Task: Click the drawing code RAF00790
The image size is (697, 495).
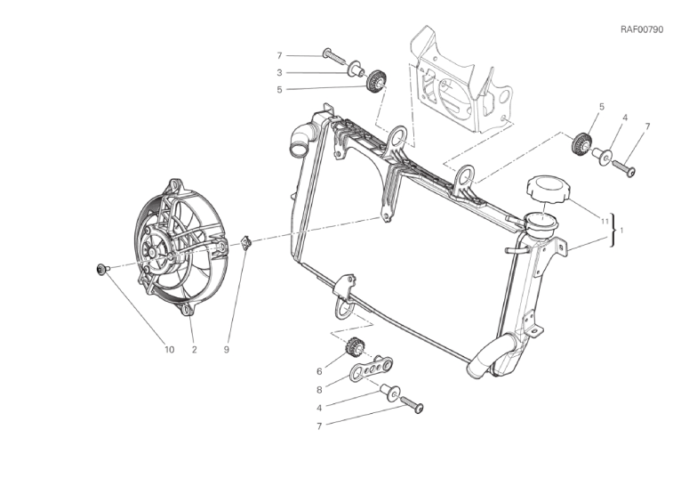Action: click(x=642, y=30)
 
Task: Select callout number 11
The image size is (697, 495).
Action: click(x=604, y=221)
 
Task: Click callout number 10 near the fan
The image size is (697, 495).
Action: click(x=169, y=350)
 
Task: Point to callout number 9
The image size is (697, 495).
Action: click(x=226, y=350)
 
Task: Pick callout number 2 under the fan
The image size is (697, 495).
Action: click(x=194, y=350)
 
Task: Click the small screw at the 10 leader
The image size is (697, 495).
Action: click(x=102, y=269)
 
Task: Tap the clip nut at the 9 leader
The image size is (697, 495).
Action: click(x=245, y=243)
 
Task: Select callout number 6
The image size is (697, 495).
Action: click(x=319, y=372)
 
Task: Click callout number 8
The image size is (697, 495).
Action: click(x=319, y=390)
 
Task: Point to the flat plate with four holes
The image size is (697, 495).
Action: click(x=371, y=367)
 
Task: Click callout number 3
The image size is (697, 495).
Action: click(x=279, y=73)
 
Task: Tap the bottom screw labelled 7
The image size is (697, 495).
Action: click(x=413, y=404)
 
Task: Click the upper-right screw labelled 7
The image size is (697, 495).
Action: click(x=624, y=167)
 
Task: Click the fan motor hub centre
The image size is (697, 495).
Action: click(x=152, y=253)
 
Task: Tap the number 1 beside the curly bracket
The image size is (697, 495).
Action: click(x=621, y=231)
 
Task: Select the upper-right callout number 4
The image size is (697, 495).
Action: click(x=625, y=118)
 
